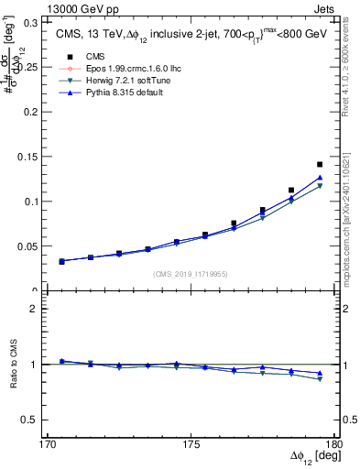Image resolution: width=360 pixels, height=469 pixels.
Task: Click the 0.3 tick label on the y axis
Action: point(38,20)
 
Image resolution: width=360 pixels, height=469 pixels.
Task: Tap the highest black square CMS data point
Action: point(320,165)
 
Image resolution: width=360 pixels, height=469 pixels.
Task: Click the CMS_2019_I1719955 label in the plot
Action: point(191,273)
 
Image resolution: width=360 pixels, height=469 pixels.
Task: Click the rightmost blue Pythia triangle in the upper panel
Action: point(320,178)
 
